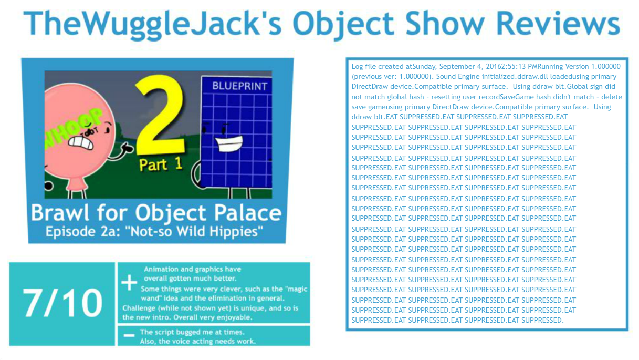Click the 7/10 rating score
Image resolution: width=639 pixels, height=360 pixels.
tap(62, 303)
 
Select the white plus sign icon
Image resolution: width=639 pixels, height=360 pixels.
tap(129, 283)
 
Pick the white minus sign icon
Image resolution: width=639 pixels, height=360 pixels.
tap(129, 335)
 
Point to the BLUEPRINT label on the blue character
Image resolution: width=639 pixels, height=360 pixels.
tap(239, 86)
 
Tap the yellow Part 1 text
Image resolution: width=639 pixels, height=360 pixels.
tap(161, 164)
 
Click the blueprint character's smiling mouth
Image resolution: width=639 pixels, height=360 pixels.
tap(229, 143)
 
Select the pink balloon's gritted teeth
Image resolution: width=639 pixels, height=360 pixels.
tap(81, 142)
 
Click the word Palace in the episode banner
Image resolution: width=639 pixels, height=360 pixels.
tap(248, 213)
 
